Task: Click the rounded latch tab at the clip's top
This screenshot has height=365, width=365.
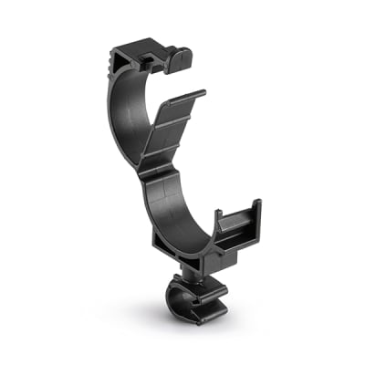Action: (180, 57)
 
